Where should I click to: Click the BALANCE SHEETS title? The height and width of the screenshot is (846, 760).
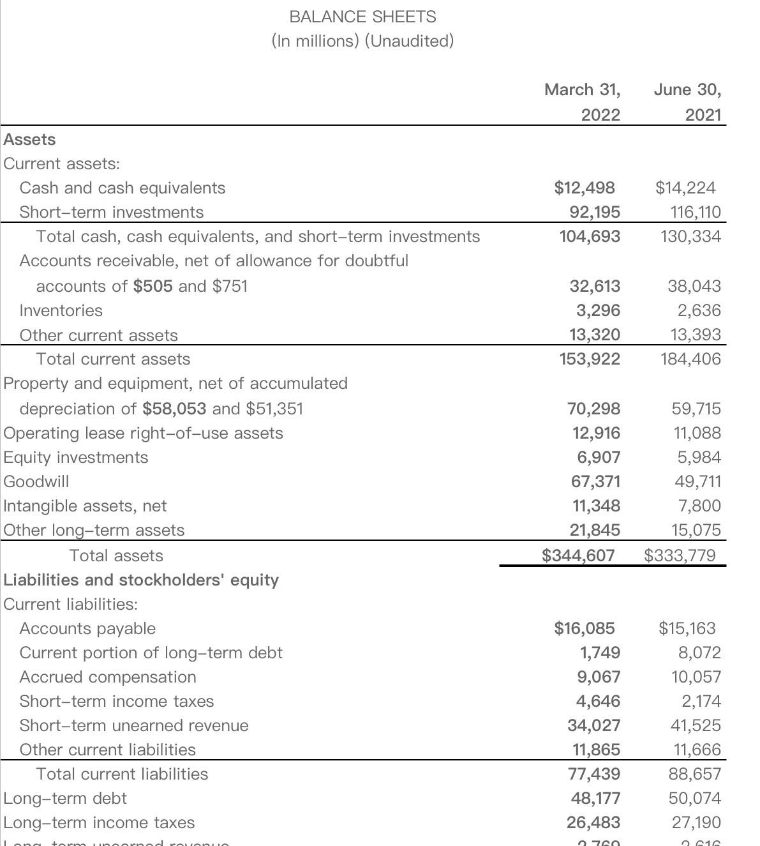[x=362, y=17]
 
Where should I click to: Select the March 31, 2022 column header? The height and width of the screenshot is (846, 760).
[x=582, y=102]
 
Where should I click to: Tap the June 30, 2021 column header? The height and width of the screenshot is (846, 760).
[x=688, y=102]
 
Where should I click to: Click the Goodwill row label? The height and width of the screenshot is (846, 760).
[x=36, y=481]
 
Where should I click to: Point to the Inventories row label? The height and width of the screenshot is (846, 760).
[x=61, y=310]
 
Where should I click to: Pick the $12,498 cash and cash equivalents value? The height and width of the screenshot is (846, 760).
[x=585, y=188]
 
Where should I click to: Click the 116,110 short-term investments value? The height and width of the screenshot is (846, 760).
[x=696, y=212]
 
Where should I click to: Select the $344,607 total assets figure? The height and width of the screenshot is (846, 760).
[x=578, y=555]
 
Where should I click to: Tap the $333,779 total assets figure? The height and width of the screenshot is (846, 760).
[x=680, y=555]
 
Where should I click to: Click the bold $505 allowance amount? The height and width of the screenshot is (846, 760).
[x=153, y=286]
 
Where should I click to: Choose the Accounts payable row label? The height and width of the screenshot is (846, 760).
[x=87, y=628]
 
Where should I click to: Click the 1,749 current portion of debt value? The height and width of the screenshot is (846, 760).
[x=599, y=653]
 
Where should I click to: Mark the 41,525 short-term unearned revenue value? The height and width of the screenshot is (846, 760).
[x=696, y=725]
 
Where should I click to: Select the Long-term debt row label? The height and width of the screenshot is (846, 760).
[x=65, y=798]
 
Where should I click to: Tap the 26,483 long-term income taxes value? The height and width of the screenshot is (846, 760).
[x=593, y=822]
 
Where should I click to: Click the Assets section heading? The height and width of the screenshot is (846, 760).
[x=29, y=139]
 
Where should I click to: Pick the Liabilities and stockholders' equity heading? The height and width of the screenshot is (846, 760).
[x=141, y=580]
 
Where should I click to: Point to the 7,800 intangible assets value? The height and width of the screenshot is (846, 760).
[x=699, y=506]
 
